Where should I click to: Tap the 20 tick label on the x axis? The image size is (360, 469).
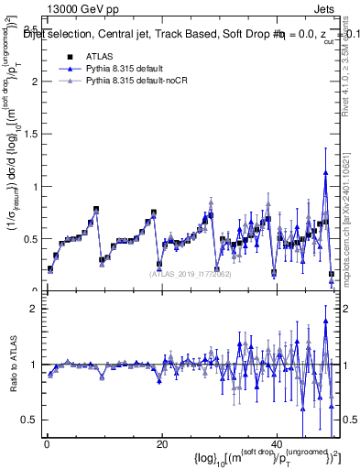(162, 444)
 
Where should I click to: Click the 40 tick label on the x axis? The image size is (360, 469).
(278, 444)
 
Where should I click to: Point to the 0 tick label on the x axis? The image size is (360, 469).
(46, 444)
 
